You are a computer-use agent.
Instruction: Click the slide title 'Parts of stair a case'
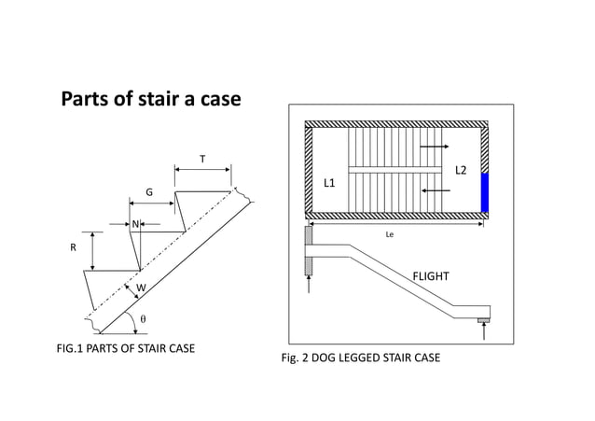coord(151,98)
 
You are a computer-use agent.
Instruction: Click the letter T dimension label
coord(202,159)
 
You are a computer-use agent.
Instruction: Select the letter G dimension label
coord(148,191)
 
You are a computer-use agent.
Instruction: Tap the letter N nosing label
coord(135,224)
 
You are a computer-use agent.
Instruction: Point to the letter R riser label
coord(73,249)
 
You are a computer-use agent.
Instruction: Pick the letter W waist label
coord(141,288)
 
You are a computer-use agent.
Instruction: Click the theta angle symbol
coord(143,318)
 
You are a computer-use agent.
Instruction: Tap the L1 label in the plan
coord(329,184)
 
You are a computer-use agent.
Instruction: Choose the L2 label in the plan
coord(460,171)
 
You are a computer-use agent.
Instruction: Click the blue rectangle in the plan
coord(485,192)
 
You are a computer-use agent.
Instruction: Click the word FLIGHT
coord(431,276)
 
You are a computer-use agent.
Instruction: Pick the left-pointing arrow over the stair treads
coord(435,189)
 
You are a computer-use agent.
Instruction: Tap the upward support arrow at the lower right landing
coord(484,332)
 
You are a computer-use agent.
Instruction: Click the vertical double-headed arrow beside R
coord(93,250)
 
